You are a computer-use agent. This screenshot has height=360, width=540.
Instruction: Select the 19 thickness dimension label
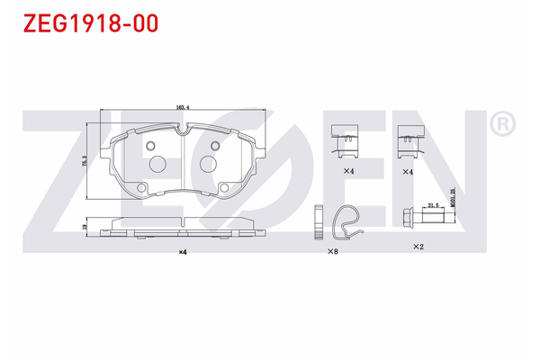(x=85, y=229)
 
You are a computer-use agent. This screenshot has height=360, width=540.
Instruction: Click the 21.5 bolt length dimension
(x=432, y=206)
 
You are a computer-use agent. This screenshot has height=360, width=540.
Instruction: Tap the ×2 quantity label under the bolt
(x=418, y=246)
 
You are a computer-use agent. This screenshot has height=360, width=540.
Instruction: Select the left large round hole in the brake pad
(x=157, y=164)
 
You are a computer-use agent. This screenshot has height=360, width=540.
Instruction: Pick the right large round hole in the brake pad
(x=209, y=164)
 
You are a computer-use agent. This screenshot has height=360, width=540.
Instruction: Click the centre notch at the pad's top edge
(x=183, y=132)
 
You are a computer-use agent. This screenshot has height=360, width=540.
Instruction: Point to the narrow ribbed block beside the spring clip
(x=318, y=223)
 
